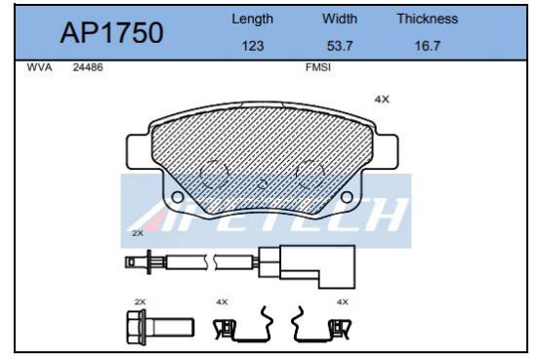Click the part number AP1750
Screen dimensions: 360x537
click(111, 33)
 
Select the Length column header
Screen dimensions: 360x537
click(252, 20)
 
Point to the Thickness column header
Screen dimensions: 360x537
click(427, 20)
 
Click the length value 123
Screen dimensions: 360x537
click(252, 45)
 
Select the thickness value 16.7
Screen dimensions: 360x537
click(427, 45)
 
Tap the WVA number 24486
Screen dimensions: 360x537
click(88, 68)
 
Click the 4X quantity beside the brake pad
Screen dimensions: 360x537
click(382, 100)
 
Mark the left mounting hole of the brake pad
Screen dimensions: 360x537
click(177, 198)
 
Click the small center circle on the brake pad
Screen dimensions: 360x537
click(262, 183)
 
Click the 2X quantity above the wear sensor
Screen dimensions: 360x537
click(138, 234)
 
